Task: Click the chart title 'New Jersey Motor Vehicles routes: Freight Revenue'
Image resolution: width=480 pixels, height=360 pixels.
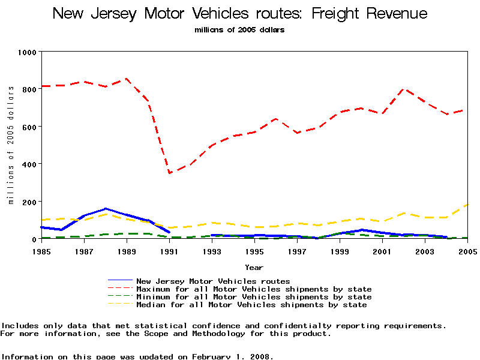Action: coord(240,13)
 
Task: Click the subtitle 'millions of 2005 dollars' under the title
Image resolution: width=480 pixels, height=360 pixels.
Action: coord(240,30)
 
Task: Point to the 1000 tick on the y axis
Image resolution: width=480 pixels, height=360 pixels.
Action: coord(28,52)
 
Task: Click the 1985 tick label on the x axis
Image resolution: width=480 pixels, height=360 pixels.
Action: coord(41,251)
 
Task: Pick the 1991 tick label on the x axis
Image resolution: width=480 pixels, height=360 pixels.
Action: coord(170,251)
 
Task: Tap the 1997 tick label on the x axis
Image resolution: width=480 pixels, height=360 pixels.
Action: coord(298,251)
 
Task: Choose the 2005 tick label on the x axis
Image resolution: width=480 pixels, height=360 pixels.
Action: coord(467,251)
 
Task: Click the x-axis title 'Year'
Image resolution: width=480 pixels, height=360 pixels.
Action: coord(254,267)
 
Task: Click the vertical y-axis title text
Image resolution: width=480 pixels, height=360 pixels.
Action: coord(11,145)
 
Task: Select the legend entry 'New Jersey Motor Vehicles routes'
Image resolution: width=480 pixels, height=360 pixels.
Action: coord(213,281)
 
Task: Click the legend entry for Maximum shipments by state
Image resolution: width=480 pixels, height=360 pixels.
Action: coord(254,289)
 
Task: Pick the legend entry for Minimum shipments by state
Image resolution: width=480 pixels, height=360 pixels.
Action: coord(254,297)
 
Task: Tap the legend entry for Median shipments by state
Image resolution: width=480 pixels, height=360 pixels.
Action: coord(251,305)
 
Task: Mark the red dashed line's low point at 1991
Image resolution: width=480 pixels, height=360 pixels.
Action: coord(170,173)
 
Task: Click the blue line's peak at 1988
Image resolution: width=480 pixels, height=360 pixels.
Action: coord(106,209)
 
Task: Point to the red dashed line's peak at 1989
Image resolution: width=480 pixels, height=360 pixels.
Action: coord(126,79)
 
